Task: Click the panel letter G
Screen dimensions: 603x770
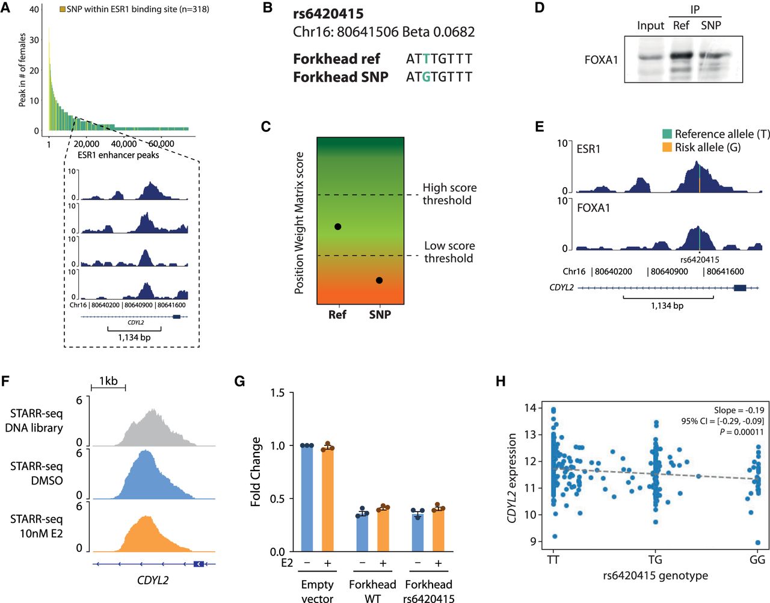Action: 239,381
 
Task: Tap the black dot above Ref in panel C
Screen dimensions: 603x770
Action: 337,227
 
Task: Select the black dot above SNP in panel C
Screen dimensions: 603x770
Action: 379,280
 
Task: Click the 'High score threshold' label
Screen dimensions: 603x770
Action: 449,194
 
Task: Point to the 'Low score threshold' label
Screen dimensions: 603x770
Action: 449,252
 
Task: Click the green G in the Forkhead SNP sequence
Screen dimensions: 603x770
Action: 426,77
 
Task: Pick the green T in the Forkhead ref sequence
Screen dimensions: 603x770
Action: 426,59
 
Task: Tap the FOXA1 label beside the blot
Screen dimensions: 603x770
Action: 601,60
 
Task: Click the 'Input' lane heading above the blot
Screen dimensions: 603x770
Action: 650,26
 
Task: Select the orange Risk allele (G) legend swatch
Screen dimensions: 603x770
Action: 667,147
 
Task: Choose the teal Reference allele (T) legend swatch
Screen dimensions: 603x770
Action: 667,134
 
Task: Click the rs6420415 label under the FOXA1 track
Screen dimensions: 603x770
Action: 700,260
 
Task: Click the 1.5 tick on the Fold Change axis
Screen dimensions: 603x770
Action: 277,393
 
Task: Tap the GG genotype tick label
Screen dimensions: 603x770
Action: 757,560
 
